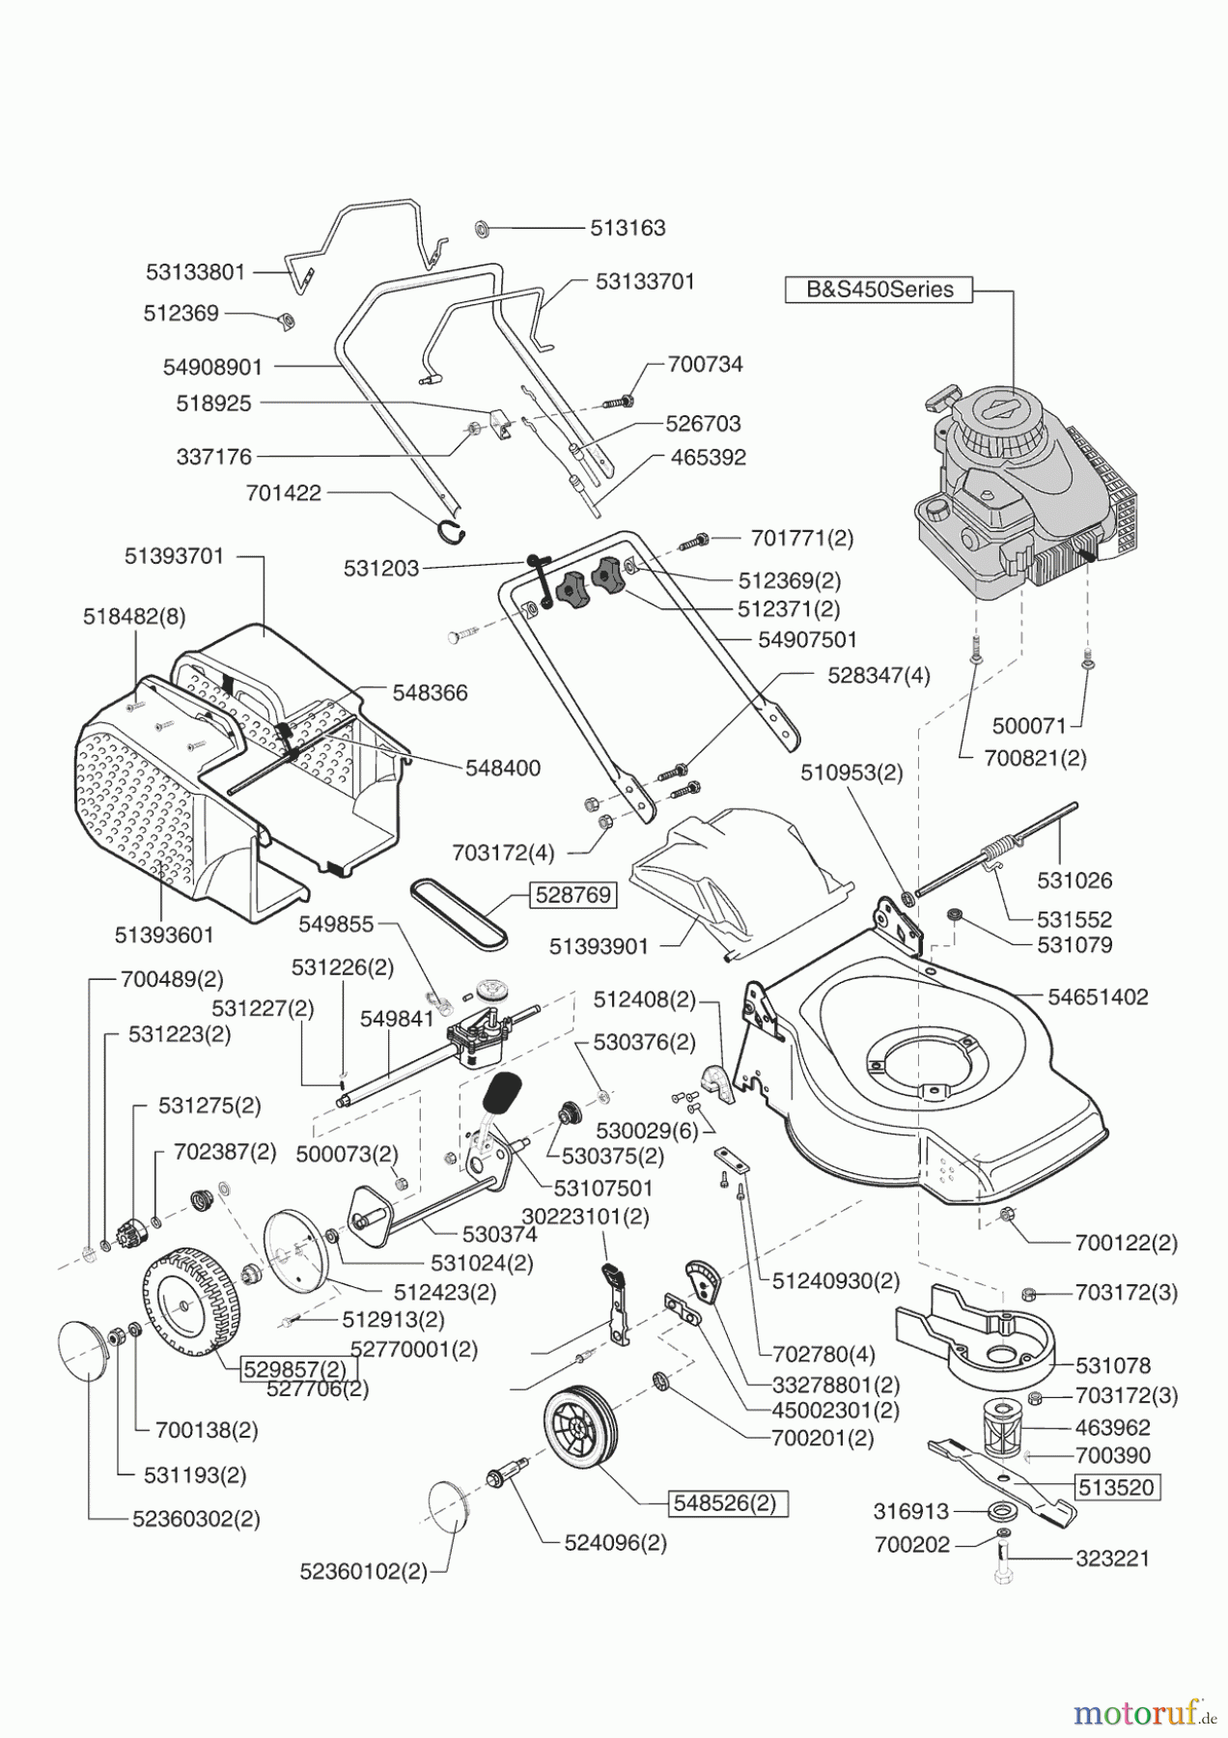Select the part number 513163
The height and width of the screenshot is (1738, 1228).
(x=628, y=229)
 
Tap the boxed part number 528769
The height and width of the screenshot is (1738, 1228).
(x=572, y=895)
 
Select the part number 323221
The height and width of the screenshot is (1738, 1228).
(x=1112, y=1558)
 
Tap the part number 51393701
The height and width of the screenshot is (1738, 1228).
(x=174, y=556)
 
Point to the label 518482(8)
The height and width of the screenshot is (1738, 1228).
(x=133, y=617)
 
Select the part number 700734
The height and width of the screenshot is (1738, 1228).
(x=706, y=365)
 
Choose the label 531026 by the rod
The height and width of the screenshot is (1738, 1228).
(x=1074, y=881)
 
